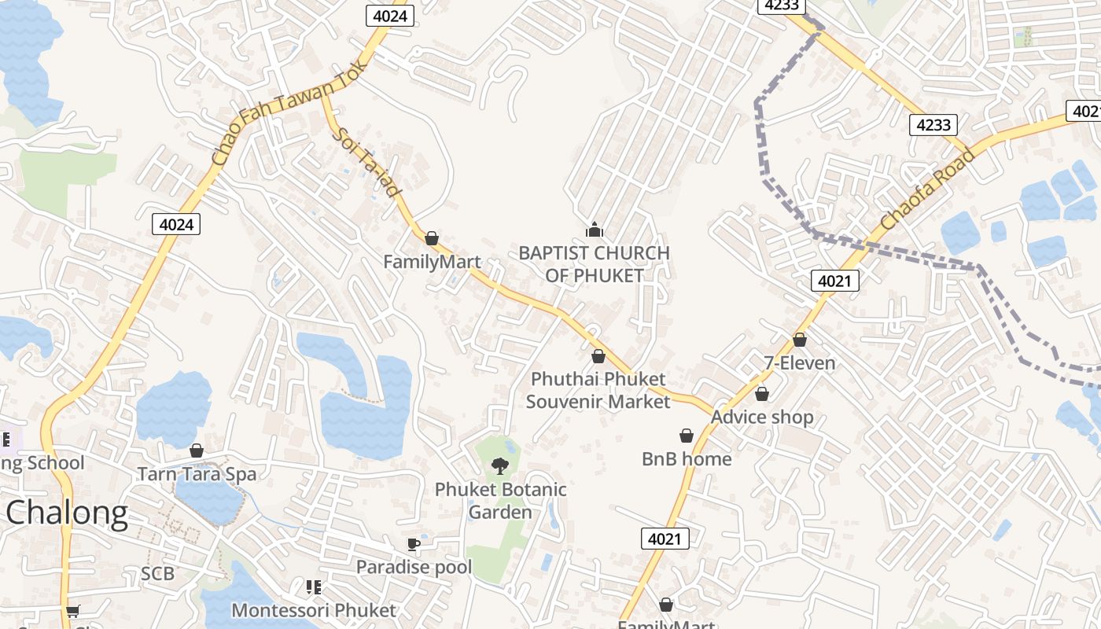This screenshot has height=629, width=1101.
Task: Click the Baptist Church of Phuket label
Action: [x=594, y=264]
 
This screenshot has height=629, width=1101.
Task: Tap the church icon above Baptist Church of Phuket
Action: [x=595, y=230]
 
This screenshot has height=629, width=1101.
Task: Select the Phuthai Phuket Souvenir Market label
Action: [x=598, y=390]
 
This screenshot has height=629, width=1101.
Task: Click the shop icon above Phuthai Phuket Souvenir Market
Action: [x=598, y=356]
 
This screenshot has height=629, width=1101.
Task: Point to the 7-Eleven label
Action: [x=800, y=363]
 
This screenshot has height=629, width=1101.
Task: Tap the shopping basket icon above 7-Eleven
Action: [x=800, y=340]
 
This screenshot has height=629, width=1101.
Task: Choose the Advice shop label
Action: [x=762, y=417]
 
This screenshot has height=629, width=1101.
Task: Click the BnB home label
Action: [x=687, y=458]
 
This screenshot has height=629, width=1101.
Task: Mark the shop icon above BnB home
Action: [x=687, y=436]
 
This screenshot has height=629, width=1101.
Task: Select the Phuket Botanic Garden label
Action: [x=501, y=501]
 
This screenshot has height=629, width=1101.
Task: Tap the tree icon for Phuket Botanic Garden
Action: [x=499, y=466]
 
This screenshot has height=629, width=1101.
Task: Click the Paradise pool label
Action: [x=414, y=567]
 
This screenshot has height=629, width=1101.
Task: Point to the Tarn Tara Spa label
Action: [x=197, y=474]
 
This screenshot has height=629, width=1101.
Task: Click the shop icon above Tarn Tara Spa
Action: [x=197, y=451]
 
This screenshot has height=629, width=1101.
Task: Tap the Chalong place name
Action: [x=66, y=513]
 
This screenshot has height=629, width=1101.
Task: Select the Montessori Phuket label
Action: [x=314, y=610]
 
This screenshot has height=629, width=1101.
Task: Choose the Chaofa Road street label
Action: [x=928, y=189]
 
